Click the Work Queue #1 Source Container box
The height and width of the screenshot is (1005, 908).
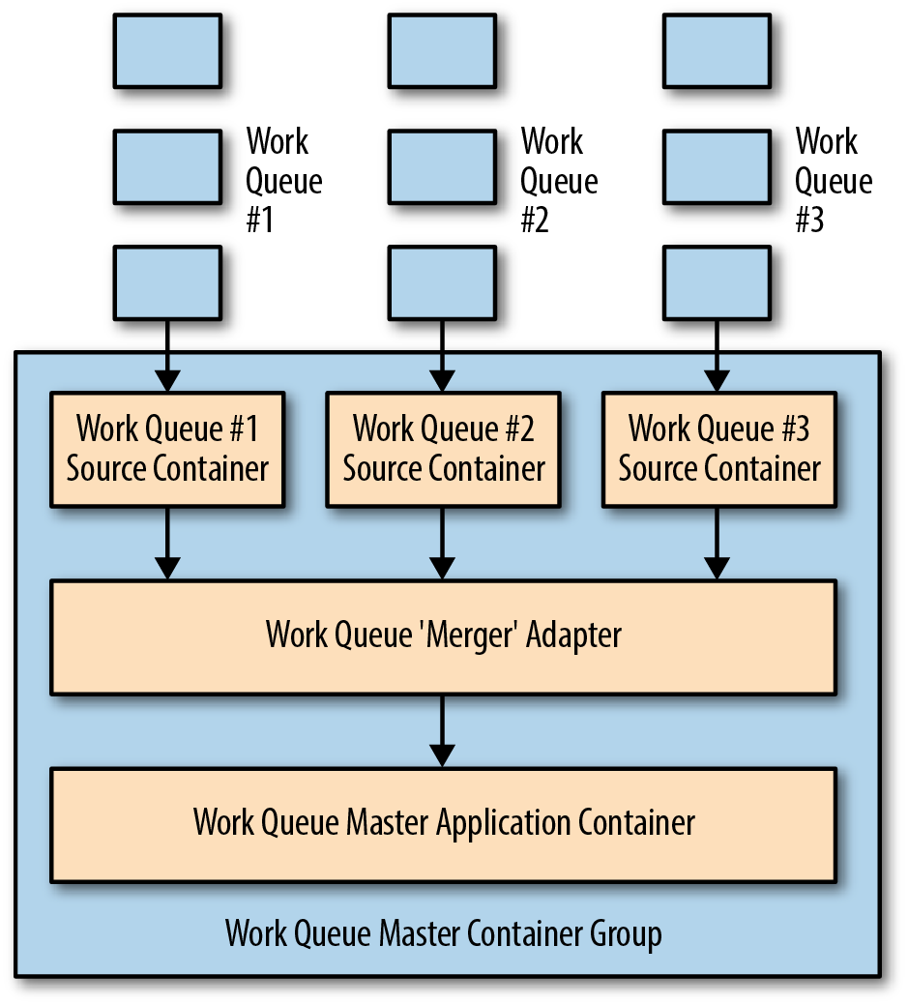(x=167, y=450)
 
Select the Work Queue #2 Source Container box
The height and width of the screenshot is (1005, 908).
(x=443, y=450)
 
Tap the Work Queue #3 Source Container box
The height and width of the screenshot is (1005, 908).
(x=719, y=450)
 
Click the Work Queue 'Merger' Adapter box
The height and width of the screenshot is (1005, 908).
(x=444, y=637)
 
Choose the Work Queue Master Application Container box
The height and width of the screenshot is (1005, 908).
(x=444, y=825)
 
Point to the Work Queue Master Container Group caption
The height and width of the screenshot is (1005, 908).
(x=444, y=933)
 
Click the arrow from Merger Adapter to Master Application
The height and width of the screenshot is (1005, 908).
(x=442, y=730)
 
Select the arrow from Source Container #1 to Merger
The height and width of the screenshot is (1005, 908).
(x=167, y=544)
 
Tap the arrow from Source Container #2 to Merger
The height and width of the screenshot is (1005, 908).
(x=442, y=544)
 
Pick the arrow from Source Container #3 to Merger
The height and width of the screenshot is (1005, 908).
(x=717, y=544)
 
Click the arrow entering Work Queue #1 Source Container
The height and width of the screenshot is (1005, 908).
(x=167, y=356)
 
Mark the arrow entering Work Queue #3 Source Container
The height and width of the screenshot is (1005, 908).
(x=717, y=356)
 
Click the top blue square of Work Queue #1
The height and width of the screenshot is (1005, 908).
(x=167, y=50)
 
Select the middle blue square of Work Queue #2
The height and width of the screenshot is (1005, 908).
(x=442, y=166)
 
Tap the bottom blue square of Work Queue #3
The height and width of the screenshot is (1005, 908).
(x=718, y=282)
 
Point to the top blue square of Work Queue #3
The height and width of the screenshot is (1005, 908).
(x=718, y=50)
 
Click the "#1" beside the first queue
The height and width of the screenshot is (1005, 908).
(x=260, y=220)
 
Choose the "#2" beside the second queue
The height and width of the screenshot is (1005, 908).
(x=535, y=220)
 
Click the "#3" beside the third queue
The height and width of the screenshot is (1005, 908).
(x=809, y=220)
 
